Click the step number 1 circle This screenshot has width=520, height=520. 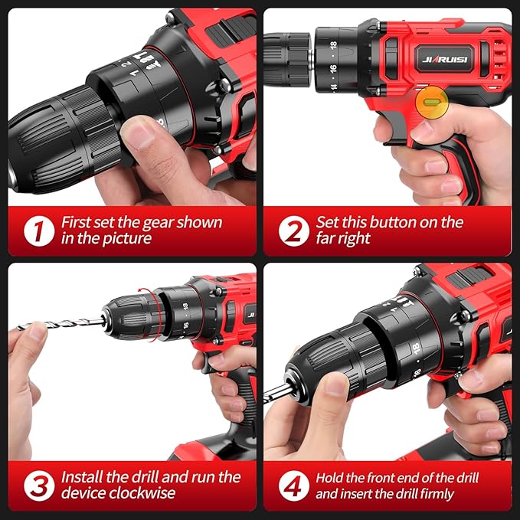38,231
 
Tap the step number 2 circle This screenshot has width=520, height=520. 293,231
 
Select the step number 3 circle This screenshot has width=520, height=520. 38,486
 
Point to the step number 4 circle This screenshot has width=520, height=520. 293,486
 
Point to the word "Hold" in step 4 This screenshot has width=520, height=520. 329,476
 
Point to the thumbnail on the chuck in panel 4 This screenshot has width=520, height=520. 335,383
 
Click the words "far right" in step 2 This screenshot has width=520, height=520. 344,239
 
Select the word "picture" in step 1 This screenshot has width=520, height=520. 126,239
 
